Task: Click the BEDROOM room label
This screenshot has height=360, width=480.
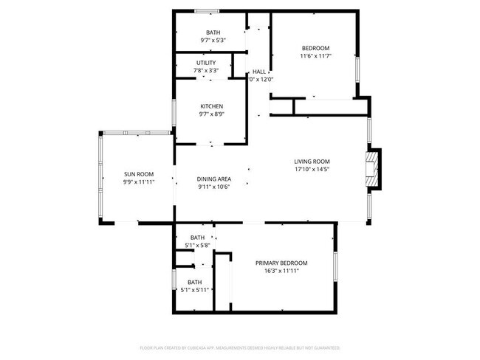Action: tap(315, 48)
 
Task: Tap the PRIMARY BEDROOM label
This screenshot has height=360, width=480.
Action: tap(281, 263)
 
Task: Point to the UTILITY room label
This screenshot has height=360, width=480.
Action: tap(206, 63)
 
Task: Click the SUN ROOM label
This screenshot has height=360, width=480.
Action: tap(138, 174)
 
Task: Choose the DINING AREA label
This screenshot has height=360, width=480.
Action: tap(214, 179)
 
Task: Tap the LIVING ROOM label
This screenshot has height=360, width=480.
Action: tap(312, 162)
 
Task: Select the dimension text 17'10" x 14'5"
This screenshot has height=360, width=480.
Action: tap(312, 170)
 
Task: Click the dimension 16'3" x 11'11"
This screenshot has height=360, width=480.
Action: tap(281, 271)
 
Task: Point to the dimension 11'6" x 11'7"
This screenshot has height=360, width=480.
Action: tap(315, 56)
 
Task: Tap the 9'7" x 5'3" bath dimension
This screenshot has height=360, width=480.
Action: tap(213, 41)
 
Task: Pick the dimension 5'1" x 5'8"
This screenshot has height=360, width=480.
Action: tap(197, 245)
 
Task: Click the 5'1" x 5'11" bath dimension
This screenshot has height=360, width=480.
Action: tap(195, 290)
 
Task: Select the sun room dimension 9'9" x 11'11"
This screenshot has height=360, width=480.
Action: tap(138, 181)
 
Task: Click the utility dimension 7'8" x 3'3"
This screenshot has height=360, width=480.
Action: tap(206, 71)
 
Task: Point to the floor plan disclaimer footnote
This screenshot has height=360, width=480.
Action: tap(240, 347)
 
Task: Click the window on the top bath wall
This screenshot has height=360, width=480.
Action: tap(207, 11)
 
